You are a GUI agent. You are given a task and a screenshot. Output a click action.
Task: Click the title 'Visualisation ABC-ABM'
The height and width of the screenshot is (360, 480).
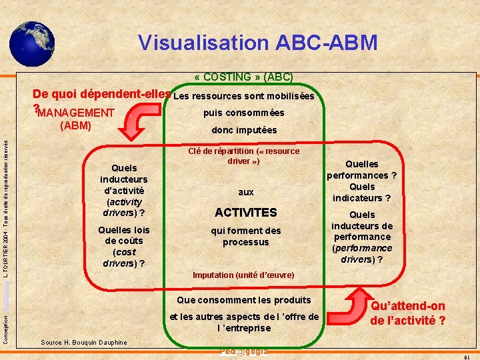click(x=257, y=43)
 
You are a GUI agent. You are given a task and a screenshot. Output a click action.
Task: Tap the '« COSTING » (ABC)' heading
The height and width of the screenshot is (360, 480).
click(x=243, y=77)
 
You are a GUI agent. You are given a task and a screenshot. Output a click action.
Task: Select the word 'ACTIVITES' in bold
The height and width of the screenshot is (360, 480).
click(x=245, y=213)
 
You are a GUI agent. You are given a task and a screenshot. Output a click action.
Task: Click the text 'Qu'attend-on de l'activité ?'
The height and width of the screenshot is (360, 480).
click(x=408, y=313)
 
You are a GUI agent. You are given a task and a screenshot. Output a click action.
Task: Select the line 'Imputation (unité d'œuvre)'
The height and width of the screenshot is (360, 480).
click(x=243, y=275)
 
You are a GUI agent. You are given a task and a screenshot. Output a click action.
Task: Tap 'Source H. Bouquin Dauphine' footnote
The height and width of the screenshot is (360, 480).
click(x=84, y=342)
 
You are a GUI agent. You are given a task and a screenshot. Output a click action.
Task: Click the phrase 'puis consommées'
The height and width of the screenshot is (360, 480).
click(x=244, y=113)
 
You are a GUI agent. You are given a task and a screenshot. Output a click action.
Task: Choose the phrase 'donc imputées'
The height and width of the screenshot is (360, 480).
click(x=244, y=130)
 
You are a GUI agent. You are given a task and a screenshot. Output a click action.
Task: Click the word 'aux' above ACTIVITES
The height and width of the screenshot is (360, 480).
click(x=246, y=192)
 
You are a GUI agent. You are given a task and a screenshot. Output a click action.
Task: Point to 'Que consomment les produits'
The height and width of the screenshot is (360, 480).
click(x=244, y=300)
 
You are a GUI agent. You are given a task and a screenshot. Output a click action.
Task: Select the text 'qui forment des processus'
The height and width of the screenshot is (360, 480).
click(x=246, y=236)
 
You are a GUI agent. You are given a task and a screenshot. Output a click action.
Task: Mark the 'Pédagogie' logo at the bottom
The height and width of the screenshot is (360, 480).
click(x=243, y=351)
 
